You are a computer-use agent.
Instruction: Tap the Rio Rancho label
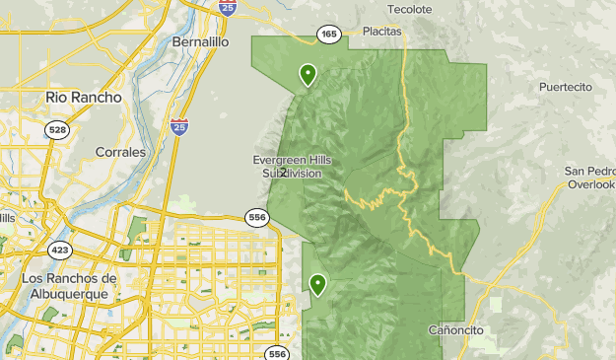point(84,98)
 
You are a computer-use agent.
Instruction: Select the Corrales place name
point(120,153)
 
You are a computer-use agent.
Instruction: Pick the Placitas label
point(381,32)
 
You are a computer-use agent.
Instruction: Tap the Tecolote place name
point(409,9)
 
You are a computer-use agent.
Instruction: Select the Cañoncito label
point(456,329)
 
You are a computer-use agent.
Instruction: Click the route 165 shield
point(328,35)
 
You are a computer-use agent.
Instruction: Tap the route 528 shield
point(59,130)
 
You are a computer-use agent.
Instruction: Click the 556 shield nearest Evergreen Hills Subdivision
point(257,217)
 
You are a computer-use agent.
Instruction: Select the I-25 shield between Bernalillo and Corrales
point(178,126)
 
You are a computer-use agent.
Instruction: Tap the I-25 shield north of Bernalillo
point(228,8)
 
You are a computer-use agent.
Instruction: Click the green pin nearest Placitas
point(308,74)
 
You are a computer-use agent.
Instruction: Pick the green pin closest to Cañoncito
point(318,285)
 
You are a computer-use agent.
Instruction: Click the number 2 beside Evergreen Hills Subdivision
point(284,172)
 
